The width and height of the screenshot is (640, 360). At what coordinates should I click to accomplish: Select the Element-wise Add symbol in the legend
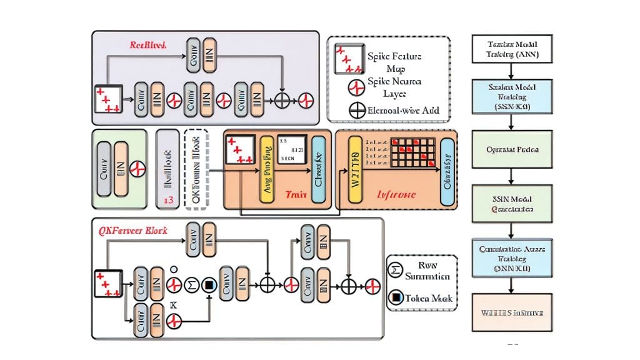357,111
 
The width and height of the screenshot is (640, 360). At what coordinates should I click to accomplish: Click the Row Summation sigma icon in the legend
395,271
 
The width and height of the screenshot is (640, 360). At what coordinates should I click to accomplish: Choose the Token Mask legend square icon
395,298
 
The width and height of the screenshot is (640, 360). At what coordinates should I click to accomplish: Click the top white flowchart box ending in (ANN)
511,49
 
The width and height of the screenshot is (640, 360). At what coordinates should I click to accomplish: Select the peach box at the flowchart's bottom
511,311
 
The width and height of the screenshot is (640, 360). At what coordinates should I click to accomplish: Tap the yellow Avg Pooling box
267,169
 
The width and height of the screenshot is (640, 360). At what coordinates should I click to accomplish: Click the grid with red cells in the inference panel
411,153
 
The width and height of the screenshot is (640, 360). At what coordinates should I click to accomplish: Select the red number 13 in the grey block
167,200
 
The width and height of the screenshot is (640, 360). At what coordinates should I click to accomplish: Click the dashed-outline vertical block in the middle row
196,169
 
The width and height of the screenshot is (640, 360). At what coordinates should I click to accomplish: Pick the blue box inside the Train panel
317,169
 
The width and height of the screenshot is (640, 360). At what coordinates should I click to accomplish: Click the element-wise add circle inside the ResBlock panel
282,100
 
